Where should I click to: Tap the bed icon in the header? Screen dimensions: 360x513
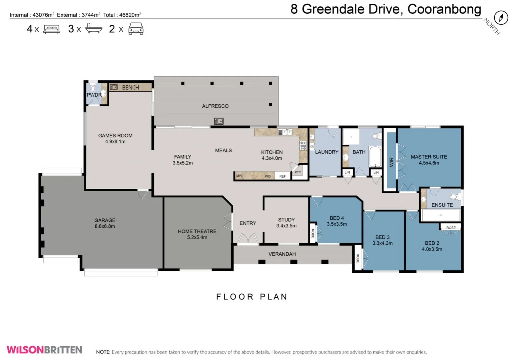(52, 29)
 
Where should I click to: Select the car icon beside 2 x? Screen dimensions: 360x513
(136, 29)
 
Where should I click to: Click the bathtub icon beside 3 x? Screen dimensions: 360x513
(94, 28)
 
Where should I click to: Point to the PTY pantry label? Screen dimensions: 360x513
(298, 172)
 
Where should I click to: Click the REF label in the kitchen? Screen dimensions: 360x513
(282, 176)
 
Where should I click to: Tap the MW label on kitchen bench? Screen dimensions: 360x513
(239, 176)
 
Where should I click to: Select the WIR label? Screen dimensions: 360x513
(391, 162)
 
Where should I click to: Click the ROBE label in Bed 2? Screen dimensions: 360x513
(451, 228)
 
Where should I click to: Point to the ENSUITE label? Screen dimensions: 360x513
(442, 205)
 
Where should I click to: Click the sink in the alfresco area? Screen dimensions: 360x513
(219, 121)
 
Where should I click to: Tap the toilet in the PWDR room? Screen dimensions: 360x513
(93, 87)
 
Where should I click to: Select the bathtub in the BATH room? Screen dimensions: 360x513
(375, 156)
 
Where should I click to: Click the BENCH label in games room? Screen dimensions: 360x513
(130, 87)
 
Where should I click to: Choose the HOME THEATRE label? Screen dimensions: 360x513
(197, 231)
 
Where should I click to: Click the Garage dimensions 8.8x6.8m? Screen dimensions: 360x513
(105, 226)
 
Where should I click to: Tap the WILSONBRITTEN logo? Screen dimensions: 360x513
(44, 350)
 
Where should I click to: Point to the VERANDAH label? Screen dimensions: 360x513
(282, 254)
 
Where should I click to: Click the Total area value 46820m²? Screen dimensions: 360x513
(130, 15)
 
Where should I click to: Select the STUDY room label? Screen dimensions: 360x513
(286, 220)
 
